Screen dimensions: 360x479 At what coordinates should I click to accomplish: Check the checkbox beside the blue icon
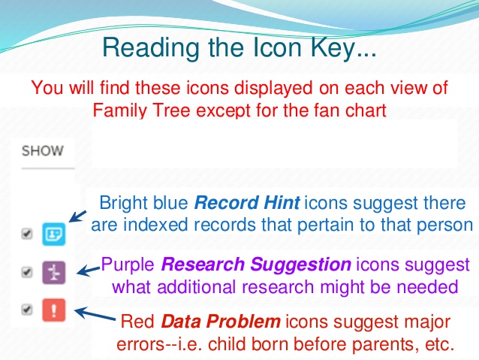(x=27, y=234)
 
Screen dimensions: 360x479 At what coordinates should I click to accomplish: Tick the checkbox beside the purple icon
(x=27, y=272)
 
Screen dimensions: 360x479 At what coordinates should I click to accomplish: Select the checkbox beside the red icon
(x=27, y=310)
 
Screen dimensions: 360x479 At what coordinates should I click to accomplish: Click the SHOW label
(x=42, y=150)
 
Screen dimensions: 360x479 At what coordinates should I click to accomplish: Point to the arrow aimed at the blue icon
(x=79, y=215)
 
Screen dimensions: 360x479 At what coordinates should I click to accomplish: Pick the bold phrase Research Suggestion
(x=256, y=265)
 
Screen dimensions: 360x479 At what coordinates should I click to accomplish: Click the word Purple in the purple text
(x=128, y=265)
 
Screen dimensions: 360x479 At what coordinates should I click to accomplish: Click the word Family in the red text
(x=121, y=110)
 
